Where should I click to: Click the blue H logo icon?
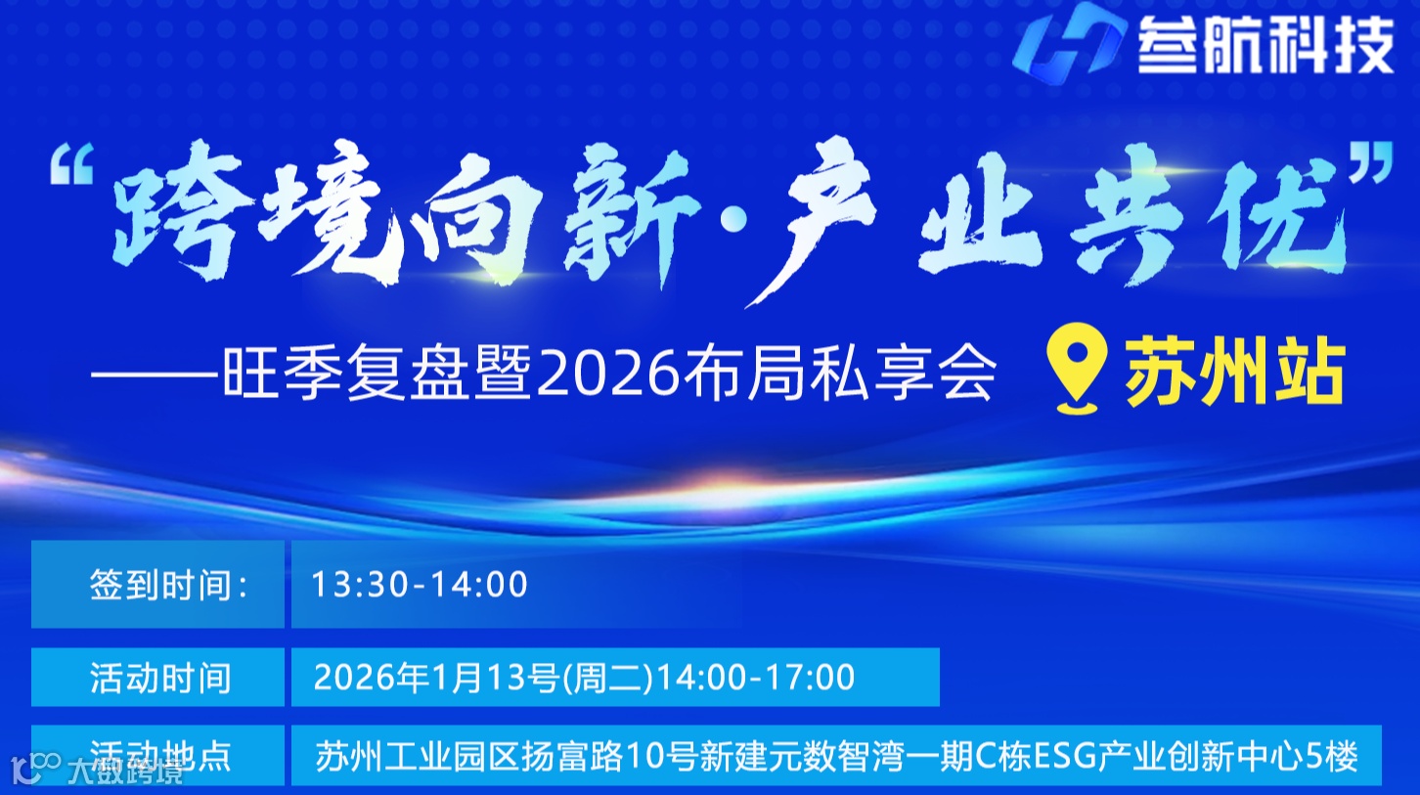click(1064, 44)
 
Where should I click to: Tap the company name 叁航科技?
click(1265, 46)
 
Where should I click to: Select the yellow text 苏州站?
click(1235, 373)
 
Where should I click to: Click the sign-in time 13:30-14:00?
click(420, 585)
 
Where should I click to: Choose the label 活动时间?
click(160, 677)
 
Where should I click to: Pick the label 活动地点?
click(160, 755)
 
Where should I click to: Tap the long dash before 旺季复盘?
click(156, 375)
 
